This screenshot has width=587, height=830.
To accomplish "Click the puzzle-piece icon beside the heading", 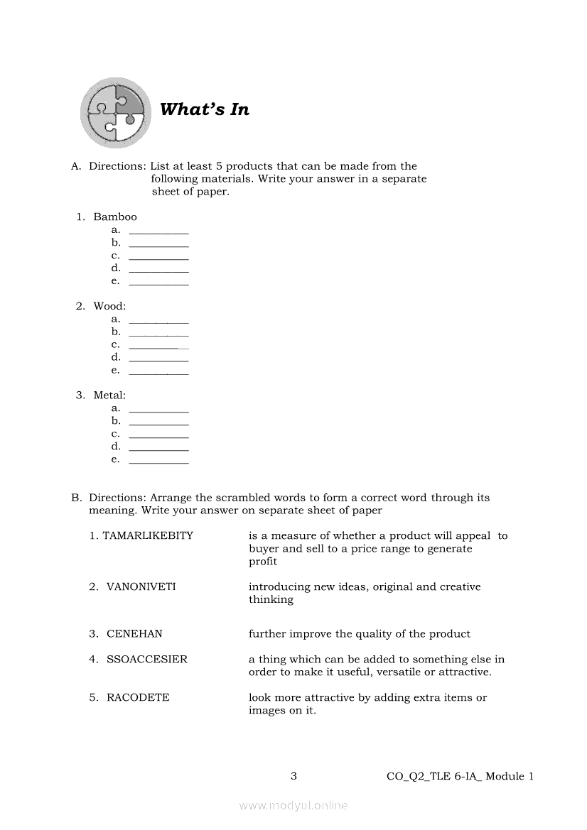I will (116, 112).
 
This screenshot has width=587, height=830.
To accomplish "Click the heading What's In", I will (205, 109).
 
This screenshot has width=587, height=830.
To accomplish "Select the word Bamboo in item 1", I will (115, 217).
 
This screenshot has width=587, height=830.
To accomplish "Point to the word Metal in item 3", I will (109, 395).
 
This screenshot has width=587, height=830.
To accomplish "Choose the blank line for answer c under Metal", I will (158, 436).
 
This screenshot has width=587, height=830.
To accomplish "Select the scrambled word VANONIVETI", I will (141, 587).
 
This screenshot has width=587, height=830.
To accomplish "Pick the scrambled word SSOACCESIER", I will (147, 660).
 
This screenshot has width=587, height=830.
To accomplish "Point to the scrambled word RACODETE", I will (138, 698).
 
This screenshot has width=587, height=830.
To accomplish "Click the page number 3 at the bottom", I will (293, 776).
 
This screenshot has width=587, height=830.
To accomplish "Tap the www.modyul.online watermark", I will (293, 806).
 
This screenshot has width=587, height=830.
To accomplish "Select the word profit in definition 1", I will (263, 562).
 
